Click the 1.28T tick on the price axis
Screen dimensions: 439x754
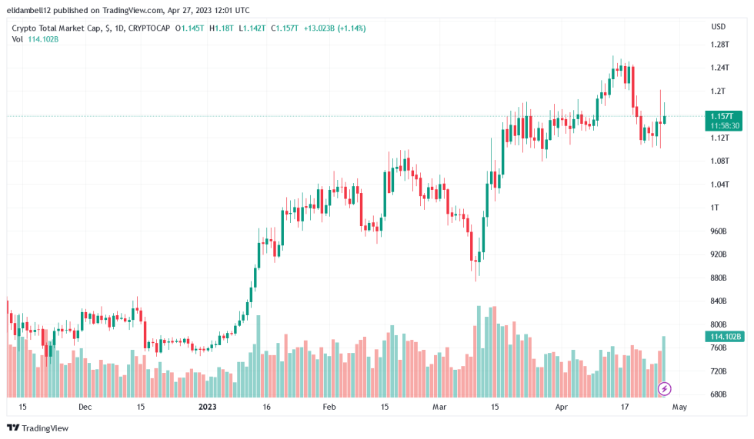[719, 45]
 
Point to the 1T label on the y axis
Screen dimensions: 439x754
[715, 208]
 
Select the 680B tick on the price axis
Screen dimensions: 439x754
[719, 394]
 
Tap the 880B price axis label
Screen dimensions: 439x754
[719, 278]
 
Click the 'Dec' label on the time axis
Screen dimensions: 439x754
[85, 407]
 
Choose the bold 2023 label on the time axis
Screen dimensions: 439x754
[209, 407]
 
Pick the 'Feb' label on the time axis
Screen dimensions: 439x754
[329, 407]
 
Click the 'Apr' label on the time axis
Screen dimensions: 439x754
[561, 407]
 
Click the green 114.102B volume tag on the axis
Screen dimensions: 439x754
[725, 337]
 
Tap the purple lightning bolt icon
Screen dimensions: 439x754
[665, 389]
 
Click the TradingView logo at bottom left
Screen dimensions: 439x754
[38, 427]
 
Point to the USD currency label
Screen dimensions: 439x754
[719, 27]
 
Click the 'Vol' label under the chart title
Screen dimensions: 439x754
[18, 39]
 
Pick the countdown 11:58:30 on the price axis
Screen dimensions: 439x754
[725, 125]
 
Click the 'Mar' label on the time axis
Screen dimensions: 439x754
[439, 407]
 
